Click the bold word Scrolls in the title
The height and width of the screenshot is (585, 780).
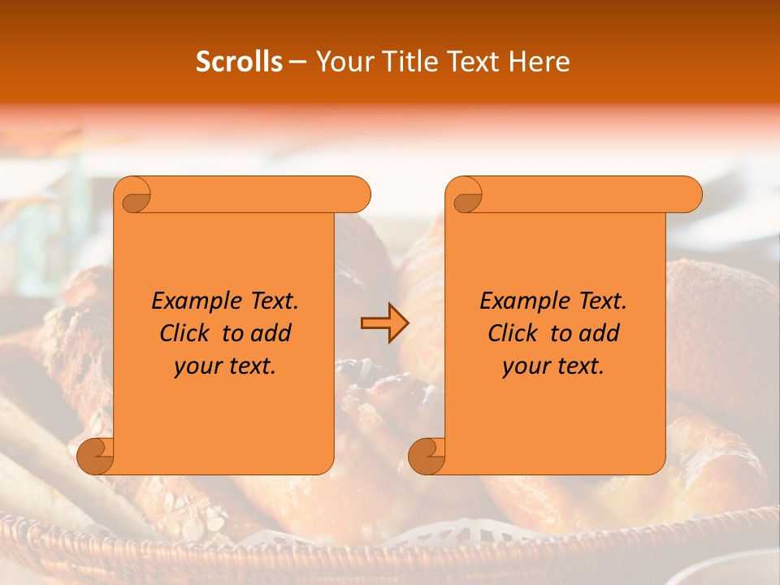tap(239, 62)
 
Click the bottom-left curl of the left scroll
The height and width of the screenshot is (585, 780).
tap(94, 456)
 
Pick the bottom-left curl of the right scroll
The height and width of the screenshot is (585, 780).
tap(426, 456)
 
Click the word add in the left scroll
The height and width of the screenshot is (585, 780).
tap(271, 333)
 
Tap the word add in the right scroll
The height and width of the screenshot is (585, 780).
tap(600, 333)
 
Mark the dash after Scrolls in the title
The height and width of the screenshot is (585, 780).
tap(297, 63)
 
